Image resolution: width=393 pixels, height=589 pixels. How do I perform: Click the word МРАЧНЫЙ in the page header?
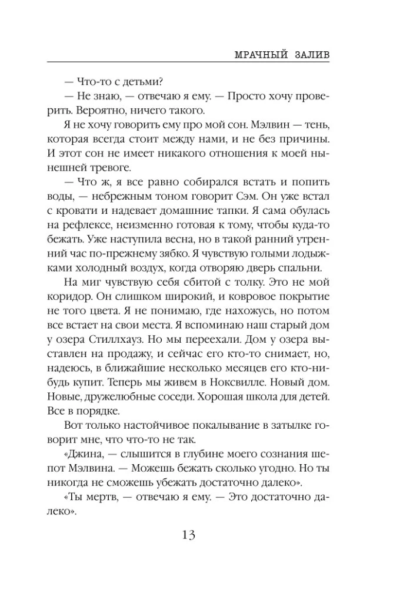coord(254,54)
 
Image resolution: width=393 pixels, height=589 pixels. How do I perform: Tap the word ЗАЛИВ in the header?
coord(309,54)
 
